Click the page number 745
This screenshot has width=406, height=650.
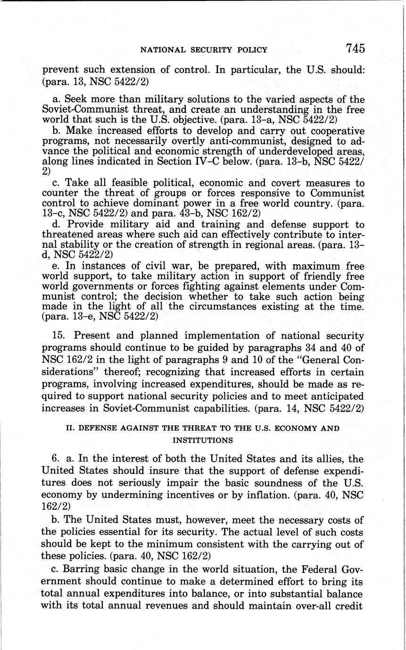[x=355, y=48]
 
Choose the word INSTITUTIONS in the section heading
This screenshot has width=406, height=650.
[x=203, y=440]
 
